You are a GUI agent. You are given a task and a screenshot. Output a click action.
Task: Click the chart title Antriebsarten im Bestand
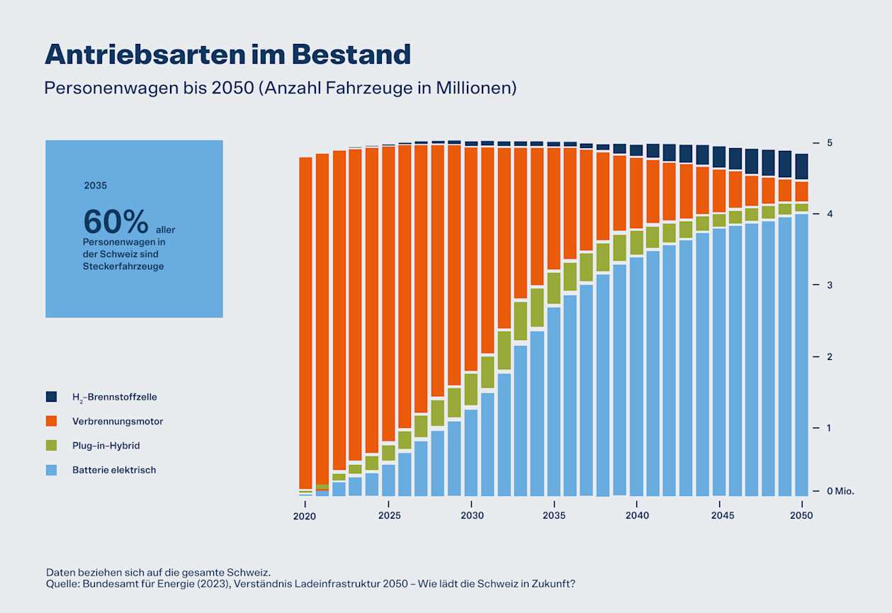227,55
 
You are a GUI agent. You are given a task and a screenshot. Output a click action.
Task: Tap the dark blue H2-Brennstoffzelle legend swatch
51,397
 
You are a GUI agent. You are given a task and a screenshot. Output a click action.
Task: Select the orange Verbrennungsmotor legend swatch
51,421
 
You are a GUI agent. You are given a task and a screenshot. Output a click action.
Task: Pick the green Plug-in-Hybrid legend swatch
51,445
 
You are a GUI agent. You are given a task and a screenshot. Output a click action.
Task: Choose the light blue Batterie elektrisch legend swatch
51,470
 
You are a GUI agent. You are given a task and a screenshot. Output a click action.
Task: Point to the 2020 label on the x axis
305,516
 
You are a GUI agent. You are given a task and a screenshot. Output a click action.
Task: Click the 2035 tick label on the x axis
555,516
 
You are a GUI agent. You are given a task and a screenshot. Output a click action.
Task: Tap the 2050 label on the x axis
802,516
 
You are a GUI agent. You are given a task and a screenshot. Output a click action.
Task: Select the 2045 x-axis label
719,516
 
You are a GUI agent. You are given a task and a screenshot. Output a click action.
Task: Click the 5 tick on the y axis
830,143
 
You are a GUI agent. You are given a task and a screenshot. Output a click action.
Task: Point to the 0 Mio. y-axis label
840,491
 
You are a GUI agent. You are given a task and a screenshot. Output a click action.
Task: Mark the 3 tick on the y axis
830,285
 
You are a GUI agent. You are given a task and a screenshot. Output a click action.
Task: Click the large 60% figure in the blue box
115,222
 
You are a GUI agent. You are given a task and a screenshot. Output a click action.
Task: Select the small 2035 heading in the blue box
95,186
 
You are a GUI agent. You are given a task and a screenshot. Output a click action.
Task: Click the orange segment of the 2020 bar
305,319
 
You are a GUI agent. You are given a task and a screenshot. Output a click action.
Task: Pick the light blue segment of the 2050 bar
801,354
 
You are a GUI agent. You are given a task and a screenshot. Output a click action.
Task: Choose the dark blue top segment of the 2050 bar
801,167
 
